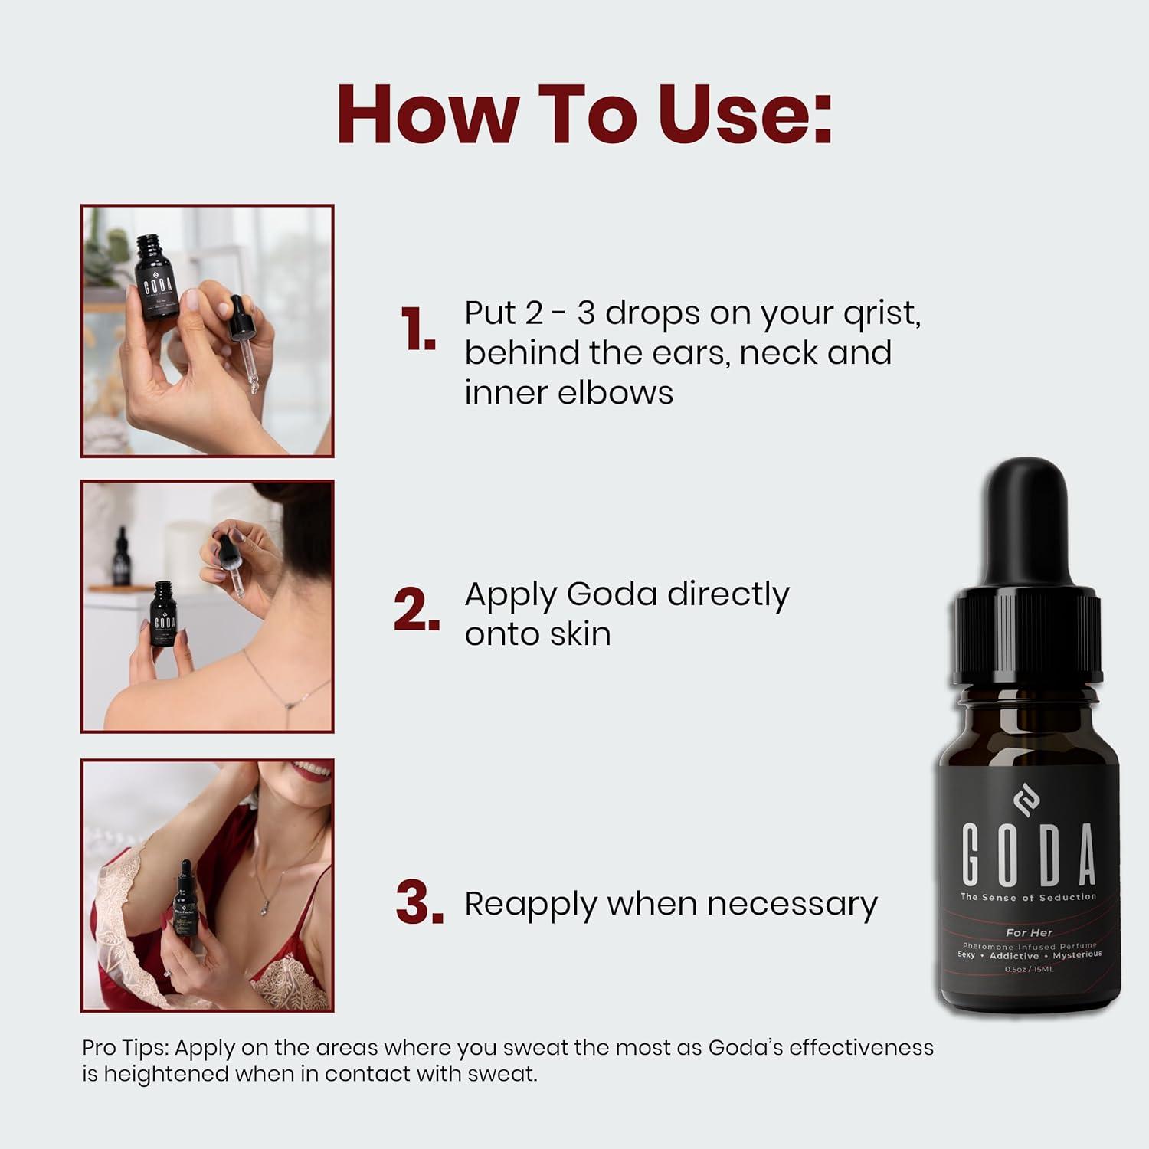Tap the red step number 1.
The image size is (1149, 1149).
coord(417,331)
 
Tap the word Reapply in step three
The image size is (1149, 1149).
coord(530,905)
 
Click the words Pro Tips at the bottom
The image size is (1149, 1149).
coord(127,1047)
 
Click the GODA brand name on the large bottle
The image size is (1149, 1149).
coord(1029,854)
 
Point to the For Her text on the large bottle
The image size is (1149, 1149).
coord(1029,932)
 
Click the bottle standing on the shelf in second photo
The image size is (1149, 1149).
coord(120,557)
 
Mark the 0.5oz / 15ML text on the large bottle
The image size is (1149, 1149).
coord(1029,969)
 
